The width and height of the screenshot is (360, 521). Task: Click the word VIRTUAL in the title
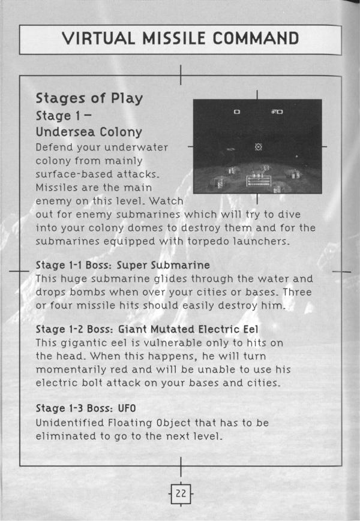[x=99, y=38]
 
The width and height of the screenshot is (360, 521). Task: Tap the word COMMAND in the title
[x=256, y=38]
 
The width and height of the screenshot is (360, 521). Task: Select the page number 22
[x=181, y=493]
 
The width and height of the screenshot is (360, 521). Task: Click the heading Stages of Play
[x=89, y=98]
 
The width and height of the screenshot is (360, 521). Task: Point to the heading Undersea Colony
[x=89, y=132]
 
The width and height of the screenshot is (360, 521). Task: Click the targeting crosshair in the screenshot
[x=258, y=146]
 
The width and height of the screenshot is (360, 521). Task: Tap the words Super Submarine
[x=163, y=265]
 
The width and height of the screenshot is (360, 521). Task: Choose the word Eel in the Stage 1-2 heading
[x=251, y=329]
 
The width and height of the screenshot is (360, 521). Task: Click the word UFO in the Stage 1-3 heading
[x=127, y=408]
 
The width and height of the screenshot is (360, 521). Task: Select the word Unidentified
[x=70, y=423]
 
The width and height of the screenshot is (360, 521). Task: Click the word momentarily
[x=71, y=369]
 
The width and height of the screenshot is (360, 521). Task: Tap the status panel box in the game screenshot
[x=259, y=180]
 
